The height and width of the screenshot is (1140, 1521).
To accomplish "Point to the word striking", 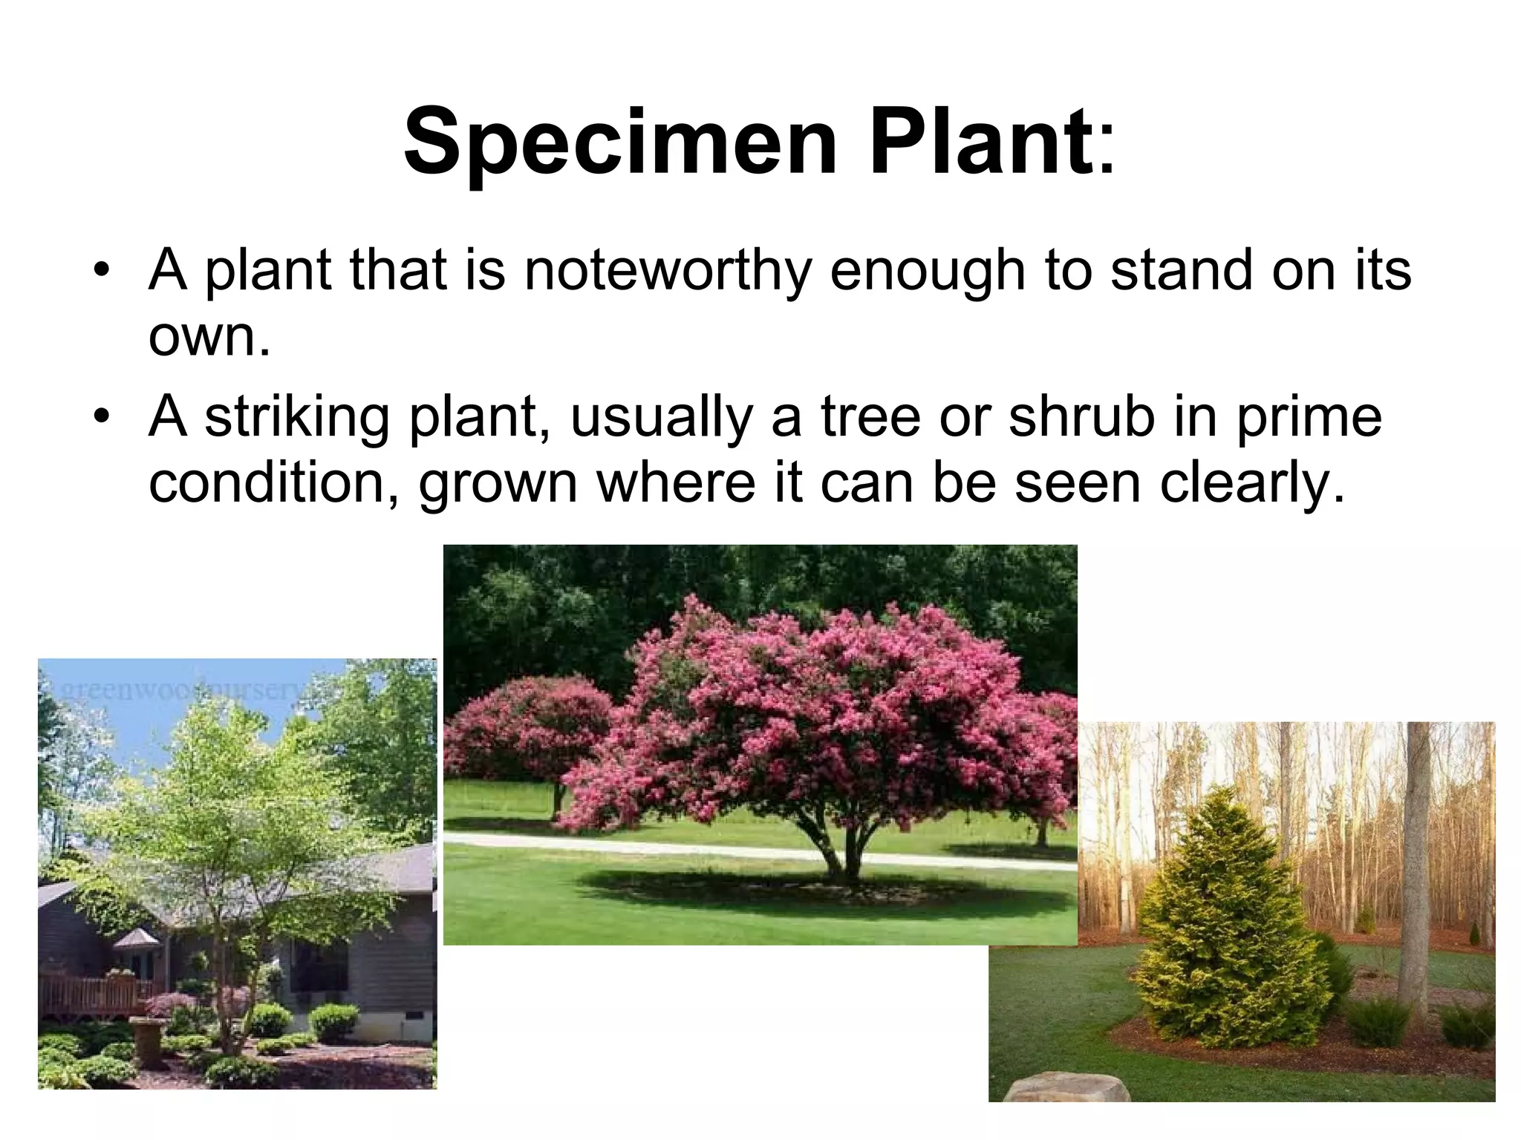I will pos(296,417).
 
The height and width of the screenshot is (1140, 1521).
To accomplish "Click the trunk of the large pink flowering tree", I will pos(839,857).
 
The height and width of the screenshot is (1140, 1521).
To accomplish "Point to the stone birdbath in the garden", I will pos(149,1039).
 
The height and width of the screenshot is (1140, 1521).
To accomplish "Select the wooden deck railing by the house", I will pos(89,995).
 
